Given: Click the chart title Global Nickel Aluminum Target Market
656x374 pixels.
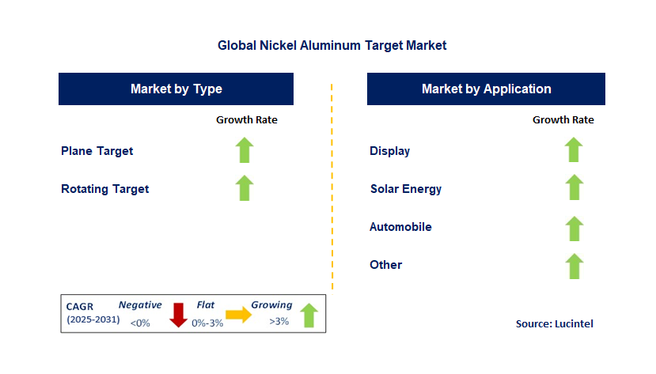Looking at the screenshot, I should (332, 46).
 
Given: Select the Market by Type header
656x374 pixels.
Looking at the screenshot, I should (176, 89).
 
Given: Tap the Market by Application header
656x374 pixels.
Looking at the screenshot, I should (486, 89).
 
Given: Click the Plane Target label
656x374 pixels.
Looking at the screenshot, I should (97, 151).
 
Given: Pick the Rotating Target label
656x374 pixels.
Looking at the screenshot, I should (105, 189).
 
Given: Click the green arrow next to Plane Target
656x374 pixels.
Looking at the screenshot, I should (245, 150).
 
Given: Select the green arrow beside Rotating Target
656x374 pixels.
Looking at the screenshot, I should (245, 188).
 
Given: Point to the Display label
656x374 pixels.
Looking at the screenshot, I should (390, 151).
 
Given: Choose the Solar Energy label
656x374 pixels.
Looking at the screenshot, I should (406, 189).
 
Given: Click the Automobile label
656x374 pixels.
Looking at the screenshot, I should (401, 227).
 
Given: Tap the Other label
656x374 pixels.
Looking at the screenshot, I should (386, 265).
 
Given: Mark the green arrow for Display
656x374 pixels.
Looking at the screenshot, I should (574, 150).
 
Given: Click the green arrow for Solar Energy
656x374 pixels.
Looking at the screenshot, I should (574, 188).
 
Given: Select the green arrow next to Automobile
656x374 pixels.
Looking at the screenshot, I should (574, 229).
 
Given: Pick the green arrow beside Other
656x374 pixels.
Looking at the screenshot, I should (574, 266).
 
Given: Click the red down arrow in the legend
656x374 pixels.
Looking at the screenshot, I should (178, 315).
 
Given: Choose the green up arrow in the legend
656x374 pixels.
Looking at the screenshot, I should (309, 315).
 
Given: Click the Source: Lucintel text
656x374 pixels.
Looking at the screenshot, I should (554, 323).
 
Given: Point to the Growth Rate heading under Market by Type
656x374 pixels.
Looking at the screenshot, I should (247, 120).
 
